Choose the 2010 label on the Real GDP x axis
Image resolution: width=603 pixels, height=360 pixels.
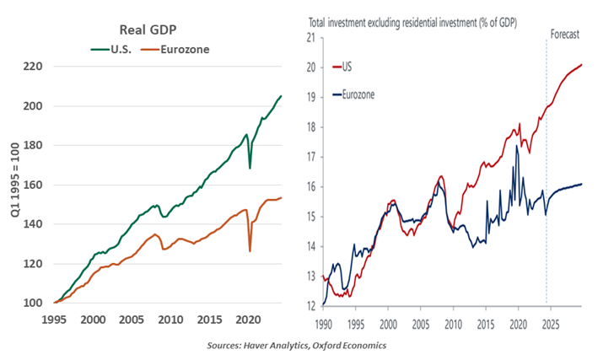[x=170, y=320]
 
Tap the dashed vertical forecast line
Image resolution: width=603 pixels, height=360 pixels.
[x=546, y=169]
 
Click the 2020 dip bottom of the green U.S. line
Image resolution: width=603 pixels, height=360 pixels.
[x=249, y=169]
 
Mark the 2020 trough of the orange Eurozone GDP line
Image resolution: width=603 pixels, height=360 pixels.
[x=249, y=250]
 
